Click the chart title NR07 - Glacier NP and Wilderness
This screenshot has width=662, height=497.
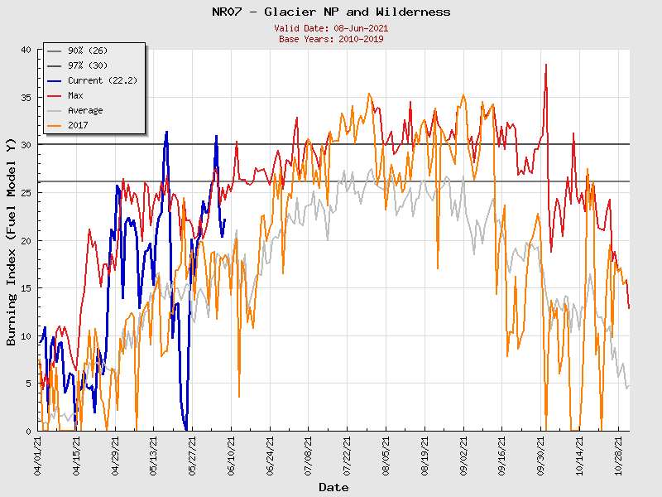coord(331,12)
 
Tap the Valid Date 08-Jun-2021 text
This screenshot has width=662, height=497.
coord(331,28)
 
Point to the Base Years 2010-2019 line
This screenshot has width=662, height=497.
coord(331,39)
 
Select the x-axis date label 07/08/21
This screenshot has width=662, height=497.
coord(309,456)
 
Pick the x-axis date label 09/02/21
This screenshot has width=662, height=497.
coord(464,456)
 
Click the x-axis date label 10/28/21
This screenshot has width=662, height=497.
coord(620,456)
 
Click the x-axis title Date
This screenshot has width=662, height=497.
coord(333,487)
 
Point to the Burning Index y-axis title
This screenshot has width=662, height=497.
coord(12,241)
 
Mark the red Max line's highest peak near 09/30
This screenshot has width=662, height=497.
coord(546,65)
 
